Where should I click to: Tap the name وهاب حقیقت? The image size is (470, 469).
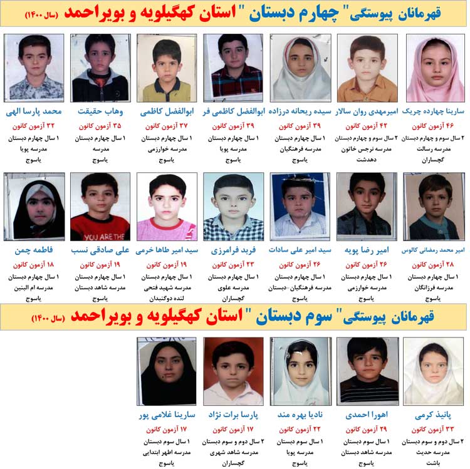100,112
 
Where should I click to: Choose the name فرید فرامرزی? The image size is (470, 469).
233,250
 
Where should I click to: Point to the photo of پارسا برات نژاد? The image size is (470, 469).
233,371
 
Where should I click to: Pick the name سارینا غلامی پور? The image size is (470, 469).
167,415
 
